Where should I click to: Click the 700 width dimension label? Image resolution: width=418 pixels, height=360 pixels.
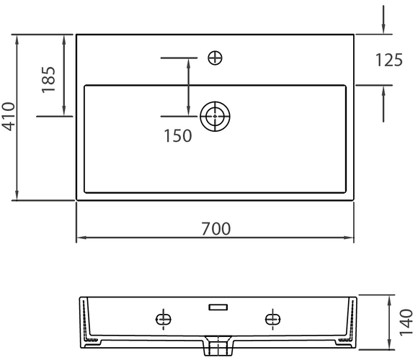[215, 228]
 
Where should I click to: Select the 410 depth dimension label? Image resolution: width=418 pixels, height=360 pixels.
[9, 117]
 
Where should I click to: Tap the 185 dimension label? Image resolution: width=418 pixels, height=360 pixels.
[48, 79]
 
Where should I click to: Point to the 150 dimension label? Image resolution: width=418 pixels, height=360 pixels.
[177, 135]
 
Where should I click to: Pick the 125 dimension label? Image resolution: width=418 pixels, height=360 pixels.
[388, 60]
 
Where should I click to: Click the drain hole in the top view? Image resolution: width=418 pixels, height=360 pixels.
[214, 116]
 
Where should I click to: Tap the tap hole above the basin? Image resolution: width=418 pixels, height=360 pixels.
[214, 58]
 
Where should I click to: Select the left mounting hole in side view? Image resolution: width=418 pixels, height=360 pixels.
[164, 318]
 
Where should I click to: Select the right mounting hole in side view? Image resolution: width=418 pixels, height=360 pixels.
[272, 318]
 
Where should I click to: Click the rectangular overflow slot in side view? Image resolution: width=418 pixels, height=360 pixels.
[218, 307]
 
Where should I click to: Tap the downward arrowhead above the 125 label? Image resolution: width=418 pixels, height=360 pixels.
[383, 29]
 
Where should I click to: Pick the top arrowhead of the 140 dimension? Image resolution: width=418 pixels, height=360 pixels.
[390, 299]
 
